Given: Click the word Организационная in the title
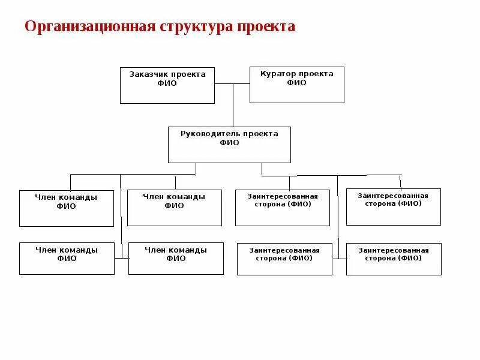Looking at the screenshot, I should pos(89,27).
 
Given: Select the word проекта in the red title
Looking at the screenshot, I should pos(266,27).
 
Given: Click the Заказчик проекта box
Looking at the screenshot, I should pos(167,86).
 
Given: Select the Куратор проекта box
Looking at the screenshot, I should pos(296,85).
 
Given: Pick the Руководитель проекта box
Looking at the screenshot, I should pos(229,145).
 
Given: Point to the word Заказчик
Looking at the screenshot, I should pos(148,74).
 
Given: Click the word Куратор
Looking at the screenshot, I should pos(275,73).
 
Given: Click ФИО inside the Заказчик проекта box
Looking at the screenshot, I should pos(167,83).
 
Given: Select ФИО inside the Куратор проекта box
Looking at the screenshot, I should pos(296,83).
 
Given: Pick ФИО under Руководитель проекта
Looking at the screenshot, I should pos(229,143).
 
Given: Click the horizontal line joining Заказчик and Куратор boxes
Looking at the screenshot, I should pos(232,84).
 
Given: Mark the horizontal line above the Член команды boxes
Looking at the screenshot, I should pos(132,174).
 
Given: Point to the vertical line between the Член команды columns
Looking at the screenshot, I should pos(121,216).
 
